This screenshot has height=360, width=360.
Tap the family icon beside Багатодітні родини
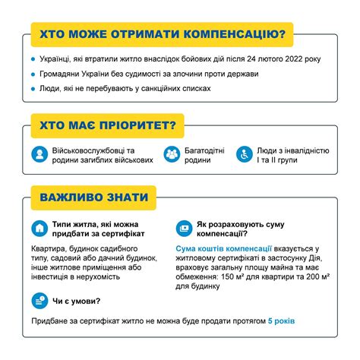(x=172, y=155)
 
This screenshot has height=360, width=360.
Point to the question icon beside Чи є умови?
(x=39, y=301)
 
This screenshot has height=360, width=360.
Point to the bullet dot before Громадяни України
(x=33, y=74)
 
